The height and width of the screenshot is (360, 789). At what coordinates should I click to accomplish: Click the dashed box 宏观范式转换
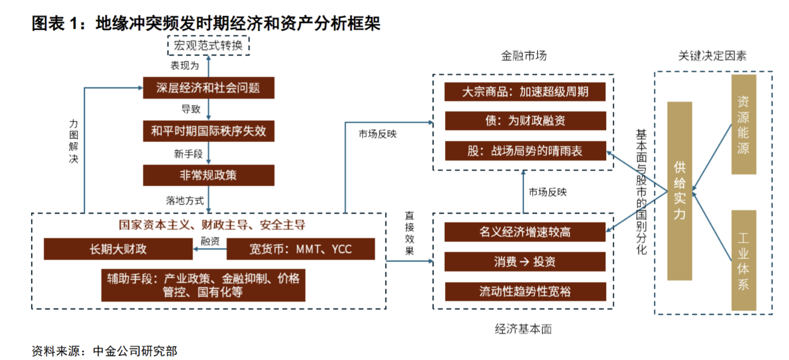pos(208,46)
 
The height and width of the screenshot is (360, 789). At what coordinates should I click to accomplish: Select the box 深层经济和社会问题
pos(208,88)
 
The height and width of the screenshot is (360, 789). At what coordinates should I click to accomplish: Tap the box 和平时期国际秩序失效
pos(208,132)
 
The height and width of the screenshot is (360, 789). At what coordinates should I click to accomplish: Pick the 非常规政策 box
pos(208,175)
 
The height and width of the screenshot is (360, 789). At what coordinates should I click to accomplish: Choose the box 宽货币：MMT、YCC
pos(301,249)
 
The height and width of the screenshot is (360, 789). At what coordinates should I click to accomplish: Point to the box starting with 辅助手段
pos(203,285)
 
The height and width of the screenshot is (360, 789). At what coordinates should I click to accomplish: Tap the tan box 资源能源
pos(743,124)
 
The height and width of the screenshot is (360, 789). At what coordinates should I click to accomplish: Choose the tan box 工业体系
pos(743,260)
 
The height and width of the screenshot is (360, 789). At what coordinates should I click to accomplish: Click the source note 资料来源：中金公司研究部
pos(104,350)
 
